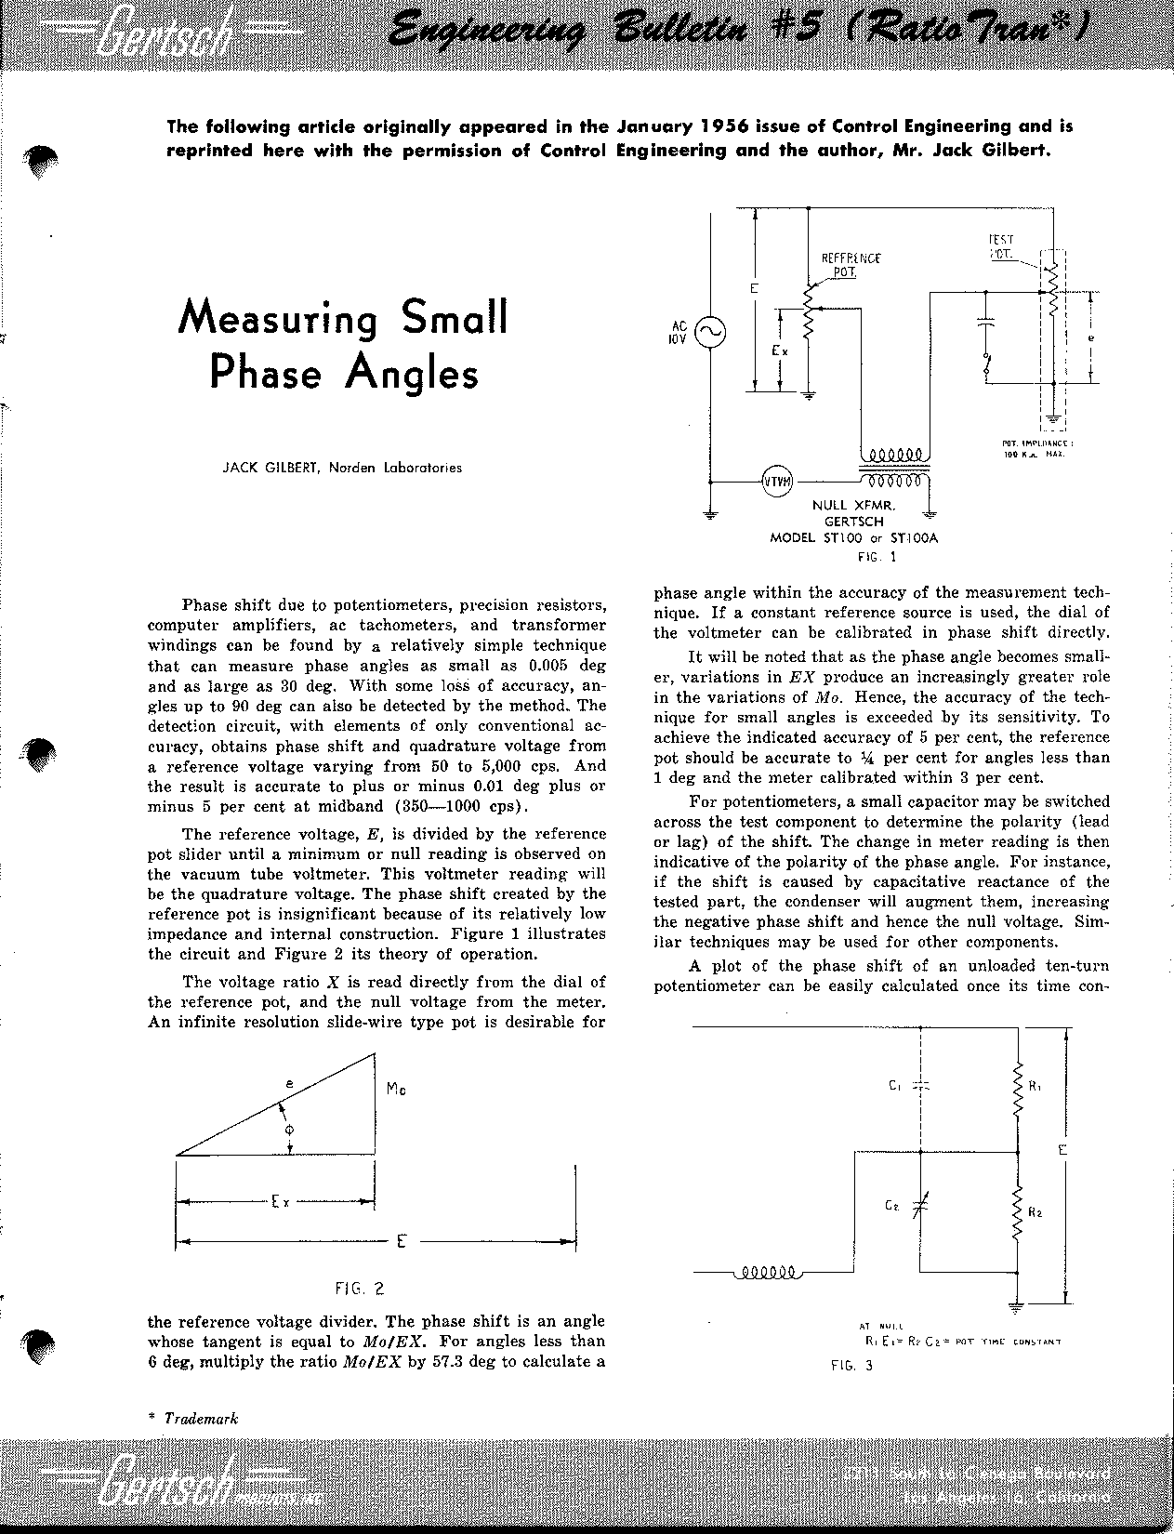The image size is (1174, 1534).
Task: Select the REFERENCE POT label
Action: pos(850,265)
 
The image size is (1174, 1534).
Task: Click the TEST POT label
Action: pos(1001,246)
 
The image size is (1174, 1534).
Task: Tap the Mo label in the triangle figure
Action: pos(395,1088)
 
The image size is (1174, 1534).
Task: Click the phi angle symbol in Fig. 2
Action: pos(290,1130)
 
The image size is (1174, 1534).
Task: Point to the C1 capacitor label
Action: pos(894,1085)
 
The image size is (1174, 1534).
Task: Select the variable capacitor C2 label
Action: pos(891,1205)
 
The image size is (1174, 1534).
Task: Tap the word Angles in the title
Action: pos(412,373)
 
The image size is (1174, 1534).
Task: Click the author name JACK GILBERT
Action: pos(270,468)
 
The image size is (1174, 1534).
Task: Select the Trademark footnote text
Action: pos(201,1419)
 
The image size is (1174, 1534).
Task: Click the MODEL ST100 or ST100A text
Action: pos(853,537)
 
